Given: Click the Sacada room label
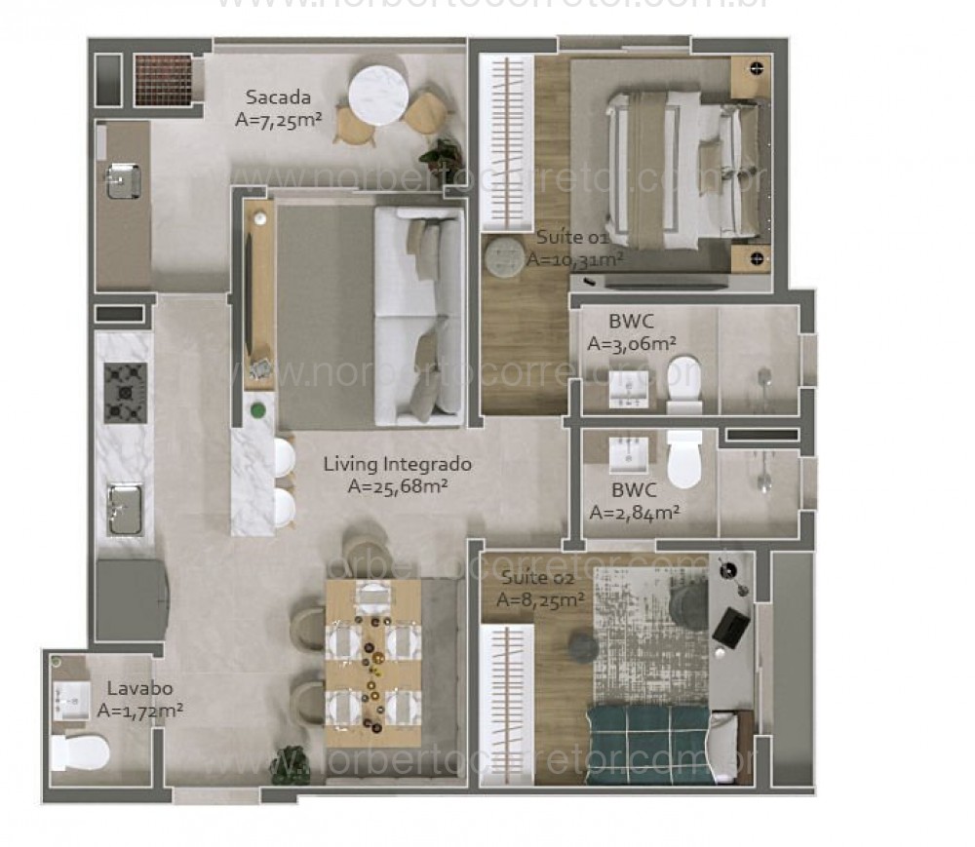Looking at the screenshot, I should [278, 97].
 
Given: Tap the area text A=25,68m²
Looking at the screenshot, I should [397, 486].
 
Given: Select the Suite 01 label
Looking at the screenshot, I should [571, 238].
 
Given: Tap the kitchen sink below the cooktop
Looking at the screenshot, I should [125, 509].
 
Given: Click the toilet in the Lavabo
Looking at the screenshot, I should [80, 751].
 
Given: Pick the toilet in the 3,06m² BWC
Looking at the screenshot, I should [684, 382].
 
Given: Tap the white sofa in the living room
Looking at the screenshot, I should [418, 316].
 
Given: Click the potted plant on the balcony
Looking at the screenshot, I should [442, 157].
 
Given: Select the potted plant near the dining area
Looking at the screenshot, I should [290, 760].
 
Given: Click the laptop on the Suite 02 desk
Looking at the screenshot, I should [731, 625].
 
